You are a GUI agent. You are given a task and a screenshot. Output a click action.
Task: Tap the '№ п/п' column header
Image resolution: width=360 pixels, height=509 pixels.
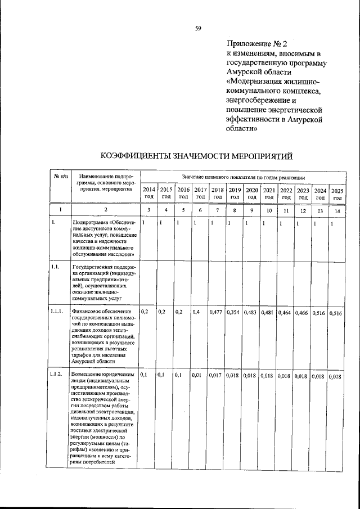pos(60,177)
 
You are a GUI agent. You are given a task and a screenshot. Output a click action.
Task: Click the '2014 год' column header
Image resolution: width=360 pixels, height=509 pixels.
pos(148,193)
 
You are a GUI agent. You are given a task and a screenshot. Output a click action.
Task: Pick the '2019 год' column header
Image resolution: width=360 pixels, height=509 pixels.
pos(235,193)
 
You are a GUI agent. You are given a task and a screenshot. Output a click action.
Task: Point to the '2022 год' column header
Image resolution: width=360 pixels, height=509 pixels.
pos(286,193)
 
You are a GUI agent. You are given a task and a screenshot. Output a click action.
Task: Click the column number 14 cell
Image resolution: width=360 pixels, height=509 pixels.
pos(337,210)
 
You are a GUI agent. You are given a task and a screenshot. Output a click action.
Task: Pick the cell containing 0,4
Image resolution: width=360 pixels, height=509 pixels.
pos(196,312)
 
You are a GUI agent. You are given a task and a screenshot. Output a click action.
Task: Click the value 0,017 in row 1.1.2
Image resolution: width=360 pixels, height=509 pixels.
pos(216,375)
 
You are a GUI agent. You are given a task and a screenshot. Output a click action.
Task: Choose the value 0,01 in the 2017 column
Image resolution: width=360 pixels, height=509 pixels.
pos(197,375)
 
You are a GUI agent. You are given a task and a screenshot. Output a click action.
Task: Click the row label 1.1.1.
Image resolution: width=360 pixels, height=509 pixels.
pos(56,311)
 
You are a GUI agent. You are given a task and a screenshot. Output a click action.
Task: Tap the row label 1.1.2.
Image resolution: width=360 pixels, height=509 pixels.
pos(56,374)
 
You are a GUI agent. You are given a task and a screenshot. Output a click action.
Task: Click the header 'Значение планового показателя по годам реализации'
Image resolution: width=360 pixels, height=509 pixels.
pos(243,177)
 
